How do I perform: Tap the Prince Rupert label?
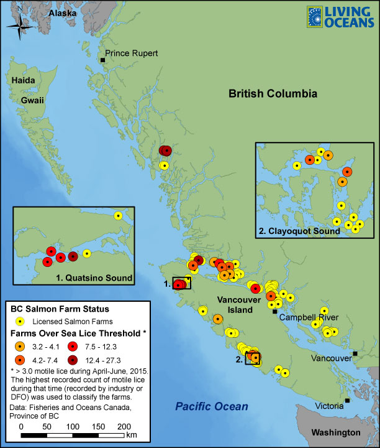tap(132, 54)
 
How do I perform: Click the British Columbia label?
tap(273, 93)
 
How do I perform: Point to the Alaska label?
tap(62, 13)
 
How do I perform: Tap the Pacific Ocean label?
tap(210, 406)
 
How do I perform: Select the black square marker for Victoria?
tap(347, 400)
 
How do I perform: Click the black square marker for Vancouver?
tap(355, 354)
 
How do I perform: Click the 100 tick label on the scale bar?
tap(73, 427)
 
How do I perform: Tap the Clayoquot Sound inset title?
tap(299, 231)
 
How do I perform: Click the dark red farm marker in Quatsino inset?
tap(73, 256)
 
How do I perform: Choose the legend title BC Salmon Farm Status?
tap(60, 309)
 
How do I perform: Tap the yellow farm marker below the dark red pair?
tap(164, 166)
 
